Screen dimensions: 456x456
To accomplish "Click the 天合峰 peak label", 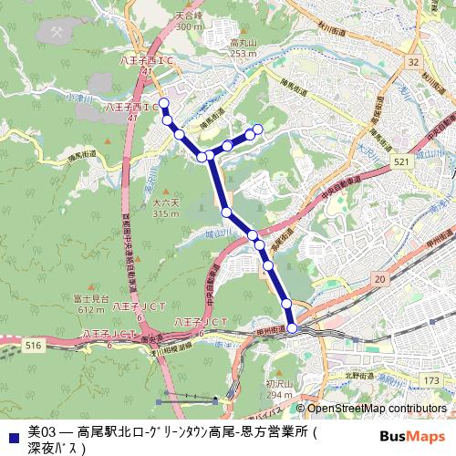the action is [189, 17].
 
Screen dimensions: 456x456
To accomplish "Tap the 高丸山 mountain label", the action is [243, 43].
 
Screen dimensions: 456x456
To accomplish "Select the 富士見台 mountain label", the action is [90, 299].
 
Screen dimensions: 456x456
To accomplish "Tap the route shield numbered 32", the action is [413, 62].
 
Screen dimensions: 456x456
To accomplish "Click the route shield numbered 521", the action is [400, 161].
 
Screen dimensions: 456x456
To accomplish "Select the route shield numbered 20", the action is [379, 277].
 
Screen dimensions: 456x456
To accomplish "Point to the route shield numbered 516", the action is [35, 346].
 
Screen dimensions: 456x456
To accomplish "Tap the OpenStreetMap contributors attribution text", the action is [377, 409].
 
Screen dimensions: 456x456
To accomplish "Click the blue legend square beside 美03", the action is [12, 429].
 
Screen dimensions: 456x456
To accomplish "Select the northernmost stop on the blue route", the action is [164, 103].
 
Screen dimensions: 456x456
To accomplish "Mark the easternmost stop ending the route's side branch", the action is [258, 129].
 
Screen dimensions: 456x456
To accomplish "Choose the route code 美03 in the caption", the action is [43, 429].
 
